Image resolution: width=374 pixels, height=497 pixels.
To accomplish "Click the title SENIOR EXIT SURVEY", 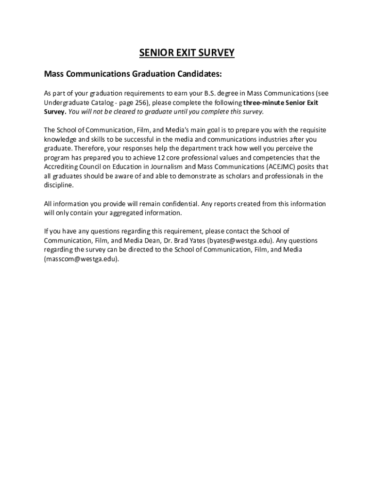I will (187, 52).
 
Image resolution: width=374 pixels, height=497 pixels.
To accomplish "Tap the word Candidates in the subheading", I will (199, 74).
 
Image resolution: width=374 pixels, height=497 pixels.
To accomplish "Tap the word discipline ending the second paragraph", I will (59, 185).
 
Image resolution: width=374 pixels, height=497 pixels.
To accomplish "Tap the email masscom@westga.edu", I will (81, 259).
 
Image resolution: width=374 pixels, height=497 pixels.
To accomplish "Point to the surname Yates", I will (197, 241).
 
